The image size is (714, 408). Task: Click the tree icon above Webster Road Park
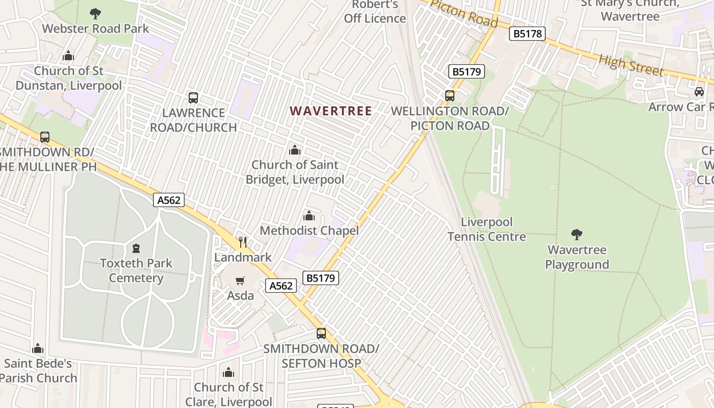pos(95,14)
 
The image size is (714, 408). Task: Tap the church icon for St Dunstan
pos(68,56)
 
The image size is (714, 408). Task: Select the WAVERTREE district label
pos(331,111)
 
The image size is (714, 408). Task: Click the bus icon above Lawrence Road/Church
pos(193,98)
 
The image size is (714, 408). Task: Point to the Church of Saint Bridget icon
pos(295,150)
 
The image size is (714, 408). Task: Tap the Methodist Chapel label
pos(309,231)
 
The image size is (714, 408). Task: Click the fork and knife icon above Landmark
pos(243,242)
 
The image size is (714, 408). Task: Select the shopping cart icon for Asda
pos(240,280)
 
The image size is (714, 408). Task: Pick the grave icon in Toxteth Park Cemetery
pos(136,248)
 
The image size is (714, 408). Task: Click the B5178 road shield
pos(527,34)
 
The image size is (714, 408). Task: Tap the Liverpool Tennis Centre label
pos(487,229)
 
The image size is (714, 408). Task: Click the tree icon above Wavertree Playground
pos(577,235)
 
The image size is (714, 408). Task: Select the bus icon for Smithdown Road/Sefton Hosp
pos(321,334)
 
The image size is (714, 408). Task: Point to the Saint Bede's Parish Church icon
pos(38,349)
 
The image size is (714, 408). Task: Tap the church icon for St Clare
pos(228,373)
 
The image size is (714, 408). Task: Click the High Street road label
pos(631,65)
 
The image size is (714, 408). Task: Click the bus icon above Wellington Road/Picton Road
pos(450,96)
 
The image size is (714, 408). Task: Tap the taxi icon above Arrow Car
pos(699,92)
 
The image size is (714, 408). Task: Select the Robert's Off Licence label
pos(375,12)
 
